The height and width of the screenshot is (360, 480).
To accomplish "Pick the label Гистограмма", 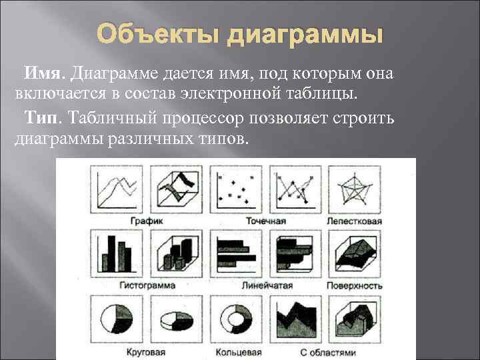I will [x=147, y=285].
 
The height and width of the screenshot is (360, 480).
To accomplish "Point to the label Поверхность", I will [x=354, y=285].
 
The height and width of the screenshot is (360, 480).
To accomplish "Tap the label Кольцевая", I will [x=238, y=351].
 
